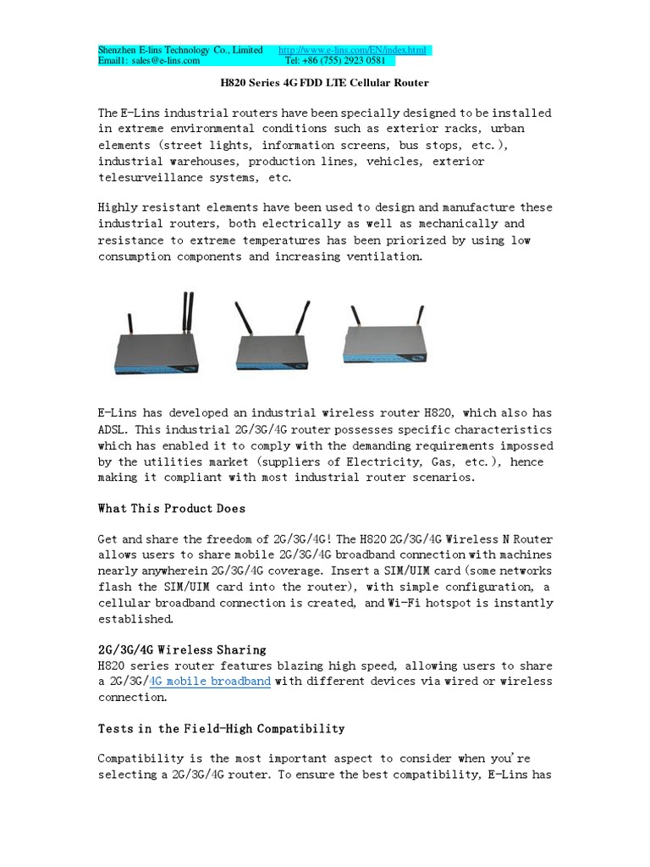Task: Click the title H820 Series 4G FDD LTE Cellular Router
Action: tap(324, 83)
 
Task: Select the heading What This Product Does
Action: tap(172, 508)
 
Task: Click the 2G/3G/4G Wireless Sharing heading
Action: tap(182, 649)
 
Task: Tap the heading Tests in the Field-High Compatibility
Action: tap(222, 728)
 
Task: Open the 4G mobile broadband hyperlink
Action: tap(210, 681)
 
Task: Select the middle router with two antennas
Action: tap(271, 343)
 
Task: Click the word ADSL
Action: tap(114, 428)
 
